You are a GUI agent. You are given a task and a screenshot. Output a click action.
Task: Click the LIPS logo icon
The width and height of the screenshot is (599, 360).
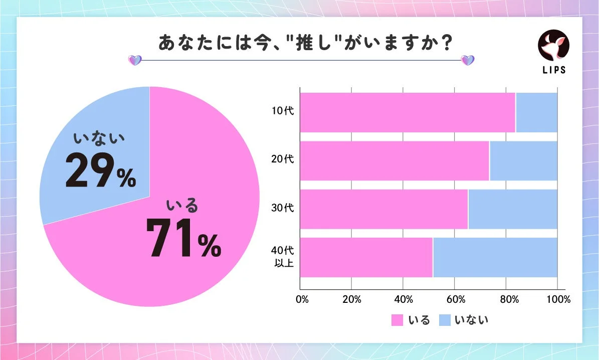coord(553,46)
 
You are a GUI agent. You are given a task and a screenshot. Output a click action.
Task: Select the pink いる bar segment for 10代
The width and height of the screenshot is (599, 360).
coord(407,113)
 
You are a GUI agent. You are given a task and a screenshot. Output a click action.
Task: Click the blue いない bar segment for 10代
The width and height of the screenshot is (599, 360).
coord(536,113)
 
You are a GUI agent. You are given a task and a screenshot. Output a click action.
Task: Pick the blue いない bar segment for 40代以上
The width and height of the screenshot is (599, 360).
coord(495,257)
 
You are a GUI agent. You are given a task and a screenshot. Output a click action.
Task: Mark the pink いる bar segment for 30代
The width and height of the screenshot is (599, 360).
coord(383,209)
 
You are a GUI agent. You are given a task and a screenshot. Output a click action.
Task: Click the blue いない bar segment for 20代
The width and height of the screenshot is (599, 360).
coord(523,161)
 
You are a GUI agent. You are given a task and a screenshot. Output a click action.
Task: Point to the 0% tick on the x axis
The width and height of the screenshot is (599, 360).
coord(302,300)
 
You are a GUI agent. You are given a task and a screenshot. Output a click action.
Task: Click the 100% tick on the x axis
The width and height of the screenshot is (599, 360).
coord(558,300)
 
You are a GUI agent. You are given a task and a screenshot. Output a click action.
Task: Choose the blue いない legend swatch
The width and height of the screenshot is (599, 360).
coord(446,320)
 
